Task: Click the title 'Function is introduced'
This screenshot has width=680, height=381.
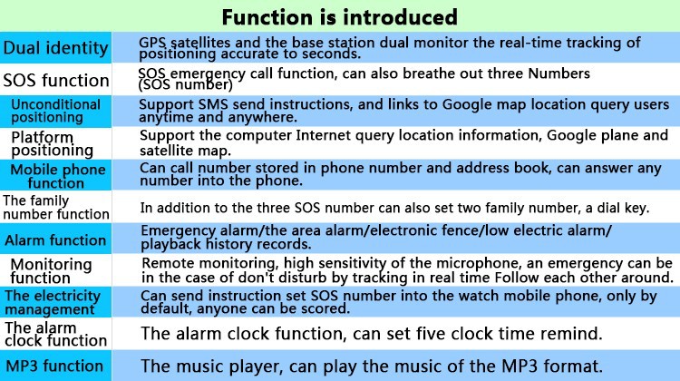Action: (340, 17)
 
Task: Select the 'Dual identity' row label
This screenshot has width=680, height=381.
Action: (55, 48)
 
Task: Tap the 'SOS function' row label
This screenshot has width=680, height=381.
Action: (56, 80)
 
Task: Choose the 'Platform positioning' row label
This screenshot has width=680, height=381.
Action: (52, 143)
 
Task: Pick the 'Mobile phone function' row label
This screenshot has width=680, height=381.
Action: (58, 176)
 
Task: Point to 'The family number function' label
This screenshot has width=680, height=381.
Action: (56, 208)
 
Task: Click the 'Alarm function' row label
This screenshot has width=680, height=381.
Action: (55, 240)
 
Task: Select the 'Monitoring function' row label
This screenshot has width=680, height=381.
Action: (51, 270)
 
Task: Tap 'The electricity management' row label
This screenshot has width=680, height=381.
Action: (53, 302)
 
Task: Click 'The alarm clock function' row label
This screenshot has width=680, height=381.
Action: (55, 334)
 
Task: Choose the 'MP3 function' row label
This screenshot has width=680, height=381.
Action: (54, 366)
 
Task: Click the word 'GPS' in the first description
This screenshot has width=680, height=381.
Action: (152, 43)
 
